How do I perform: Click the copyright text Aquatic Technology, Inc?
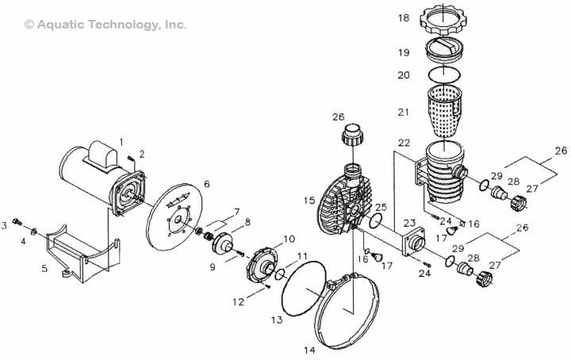click(x=105, y=25)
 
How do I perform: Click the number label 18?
click(x=404, y=17)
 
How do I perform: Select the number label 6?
click(x=206, y=184)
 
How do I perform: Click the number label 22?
click(x=404, y=143)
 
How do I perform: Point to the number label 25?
click(x=381, y=207)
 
